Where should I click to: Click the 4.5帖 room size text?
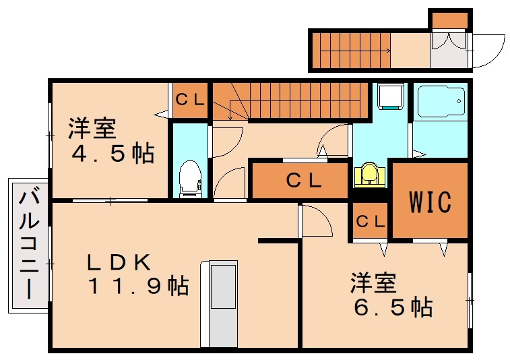tap(113, 154)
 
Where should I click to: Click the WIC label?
tap(431, 201)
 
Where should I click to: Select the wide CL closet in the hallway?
tap(300, 180)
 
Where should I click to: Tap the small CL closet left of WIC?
tap(369, 220)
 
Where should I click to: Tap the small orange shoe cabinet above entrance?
tap(449, 20)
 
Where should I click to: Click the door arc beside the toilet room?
tap(226, 142)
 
